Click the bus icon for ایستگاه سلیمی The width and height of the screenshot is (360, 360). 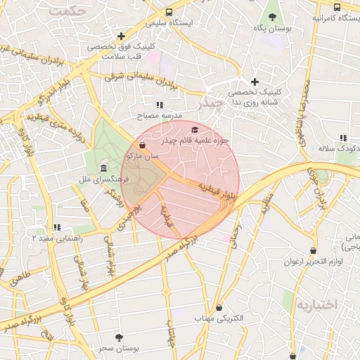click(169, 12)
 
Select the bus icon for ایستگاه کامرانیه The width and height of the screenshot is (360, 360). click(337, 7)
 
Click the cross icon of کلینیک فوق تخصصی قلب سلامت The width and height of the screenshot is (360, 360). click(122, 35)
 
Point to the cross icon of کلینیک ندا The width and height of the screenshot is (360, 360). click(255, 82)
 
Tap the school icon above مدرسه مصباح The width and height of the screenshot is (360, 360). click(159, 104)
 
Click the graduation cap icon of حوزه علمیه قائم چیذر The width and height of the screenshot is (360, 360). click(195, 130)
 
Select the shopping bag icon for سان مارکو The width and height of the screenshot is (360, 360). click(143, 146)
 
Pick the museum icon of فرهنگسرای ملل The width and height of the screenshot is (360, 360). click(104, 168)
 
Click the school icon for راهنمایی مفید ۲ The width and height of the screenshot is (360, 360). click(56, 227)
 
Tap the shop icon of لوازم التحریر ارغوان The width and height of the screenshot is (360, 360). click(312, 251)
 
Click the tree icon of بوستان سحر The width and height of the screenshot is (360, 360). click(118, 337)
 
